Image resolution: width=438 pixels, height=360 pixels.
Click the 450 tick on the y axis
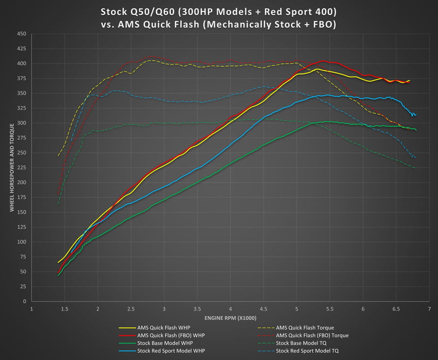coord(22,34)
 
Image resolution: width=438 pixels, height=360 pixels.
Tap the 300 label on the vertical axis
coord(22,123)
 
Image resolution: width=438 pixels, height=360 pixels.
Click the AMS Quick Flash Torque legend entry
coord(305,328)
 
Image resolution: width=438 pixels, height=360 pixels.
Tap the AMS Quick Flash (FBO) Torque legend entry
coord(312,335)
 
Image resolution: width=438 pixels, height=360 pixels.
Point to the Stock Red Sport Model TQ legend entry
coord(307,351)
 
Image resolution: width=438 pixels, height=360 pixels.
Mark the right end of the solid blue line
coord(415,115)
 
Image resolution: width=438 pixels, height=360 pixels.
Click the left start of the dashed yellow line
coord(58,155)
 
